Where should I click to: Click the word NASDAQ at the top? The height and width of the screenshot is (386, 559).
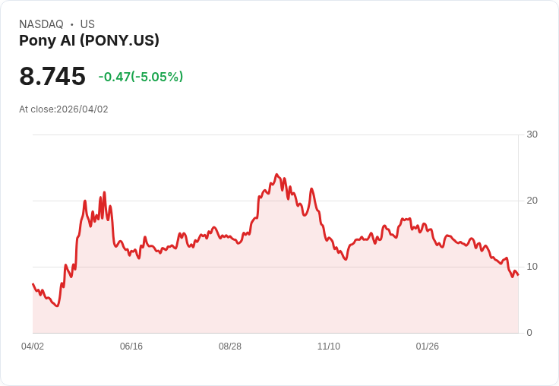click(41, 24)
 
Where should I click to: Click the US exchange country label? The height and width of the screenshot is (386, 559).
click(87, 24)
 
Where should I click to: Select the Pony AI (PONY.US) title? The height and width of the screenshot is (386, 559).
click(89, 41)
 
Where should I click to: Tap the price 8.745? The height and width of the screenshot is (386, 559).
click(52, 77)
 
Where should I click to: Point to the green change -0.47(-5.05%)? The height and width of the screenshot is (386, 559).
click(141, 77)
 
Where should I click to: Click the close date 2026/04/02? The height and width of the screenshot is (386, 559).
click(82, 109)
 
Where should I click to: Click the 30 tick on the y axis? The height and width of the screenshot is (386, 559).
click(532, 134)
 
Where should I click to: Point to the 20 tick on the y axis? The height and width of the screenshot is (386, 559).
click(532, 201)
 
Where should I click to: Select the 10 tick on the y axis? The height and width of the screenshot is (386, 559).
click(532, 267)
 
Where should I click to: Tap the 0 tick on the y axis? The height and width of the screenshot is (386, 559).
click(529, 333)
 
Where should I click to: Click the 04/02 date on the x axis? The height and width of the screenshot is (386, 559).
click(33, 346)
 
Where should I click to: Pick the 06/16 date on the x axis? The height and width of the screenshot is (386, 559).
click(131, 346)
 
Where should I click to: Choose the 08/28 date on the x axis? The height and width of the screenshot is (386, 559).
click(230, 346)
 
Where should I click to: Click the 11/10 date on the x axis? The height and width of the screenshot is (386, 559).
click(329, 346)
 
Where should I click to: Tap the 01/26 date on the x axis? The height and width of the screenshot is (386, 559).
click(428, 346)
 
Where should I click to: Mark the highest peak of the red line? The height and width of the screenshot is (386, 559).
click(276, 174)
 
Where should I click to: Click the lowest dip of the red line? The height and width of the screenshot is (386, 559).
click(57, 305)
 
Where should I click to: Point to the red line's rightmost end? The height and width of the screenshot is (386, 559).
click(518, 274)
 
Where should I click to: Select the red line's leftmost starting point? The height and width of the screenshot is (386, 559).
click(33, 284)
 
